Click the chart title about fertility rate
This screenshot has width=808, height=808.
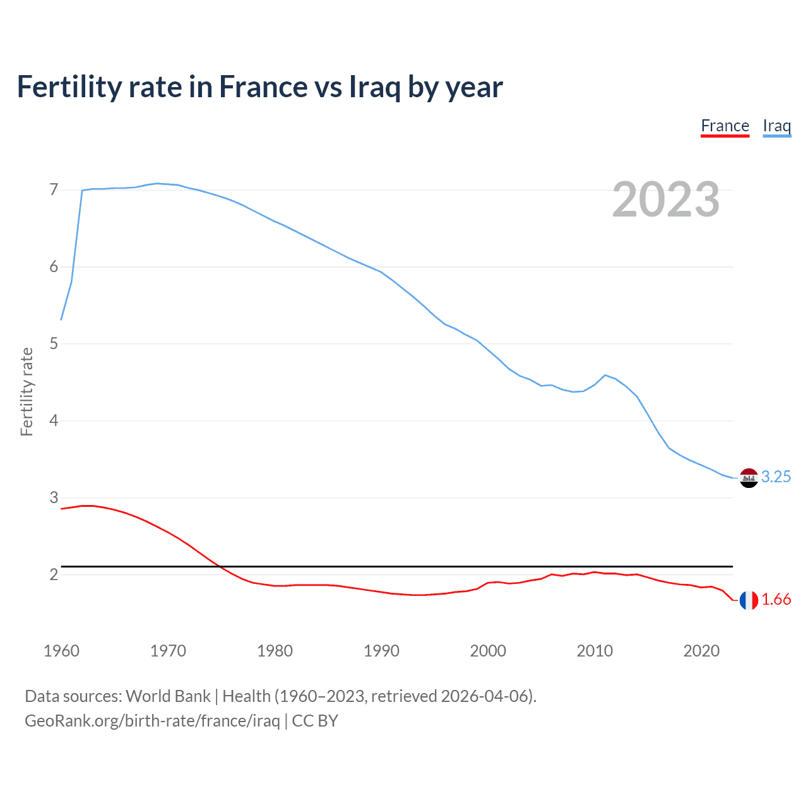pos(259,87)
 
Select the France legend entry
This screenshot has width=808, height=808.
pos(725,126)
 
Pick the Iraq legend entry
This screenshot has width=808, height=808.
pos(776,126)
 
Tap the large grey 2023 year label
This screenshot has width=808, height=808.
pos(665,199)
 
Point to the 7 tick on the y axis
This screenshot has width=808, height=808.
pos(54,189)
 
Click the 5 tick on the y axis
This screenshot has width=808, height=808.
pos(54,344)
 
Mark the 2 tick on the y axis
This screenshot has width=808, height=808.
pos(54,574)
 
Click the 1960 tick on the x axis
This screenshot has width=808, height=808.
pos(61,651)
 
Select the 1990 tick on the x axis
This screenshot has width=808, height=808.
pos(381,651)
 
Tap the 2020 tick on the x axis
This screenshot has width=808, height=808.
pos(701,651)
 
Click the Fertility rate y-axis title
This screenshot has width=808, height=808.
pos(27,391)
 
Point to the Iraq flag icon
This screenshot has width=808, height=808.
pos(749,478)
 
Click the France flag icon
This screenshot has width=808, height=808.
pos(749,600)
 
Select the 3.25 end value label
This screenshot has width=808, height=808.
pos(776,477)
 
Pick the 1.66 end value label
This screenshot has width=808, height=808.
pos(776,600)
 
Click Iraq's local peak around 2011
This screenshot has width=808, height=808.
pos(605,375)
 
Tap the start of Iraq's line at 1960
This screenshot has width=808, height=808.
pos(61,320)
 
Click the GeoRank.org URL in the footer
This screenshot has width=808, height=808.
pos(152,721)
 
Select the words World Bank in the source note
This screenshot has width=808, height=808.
pos(168,696)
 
